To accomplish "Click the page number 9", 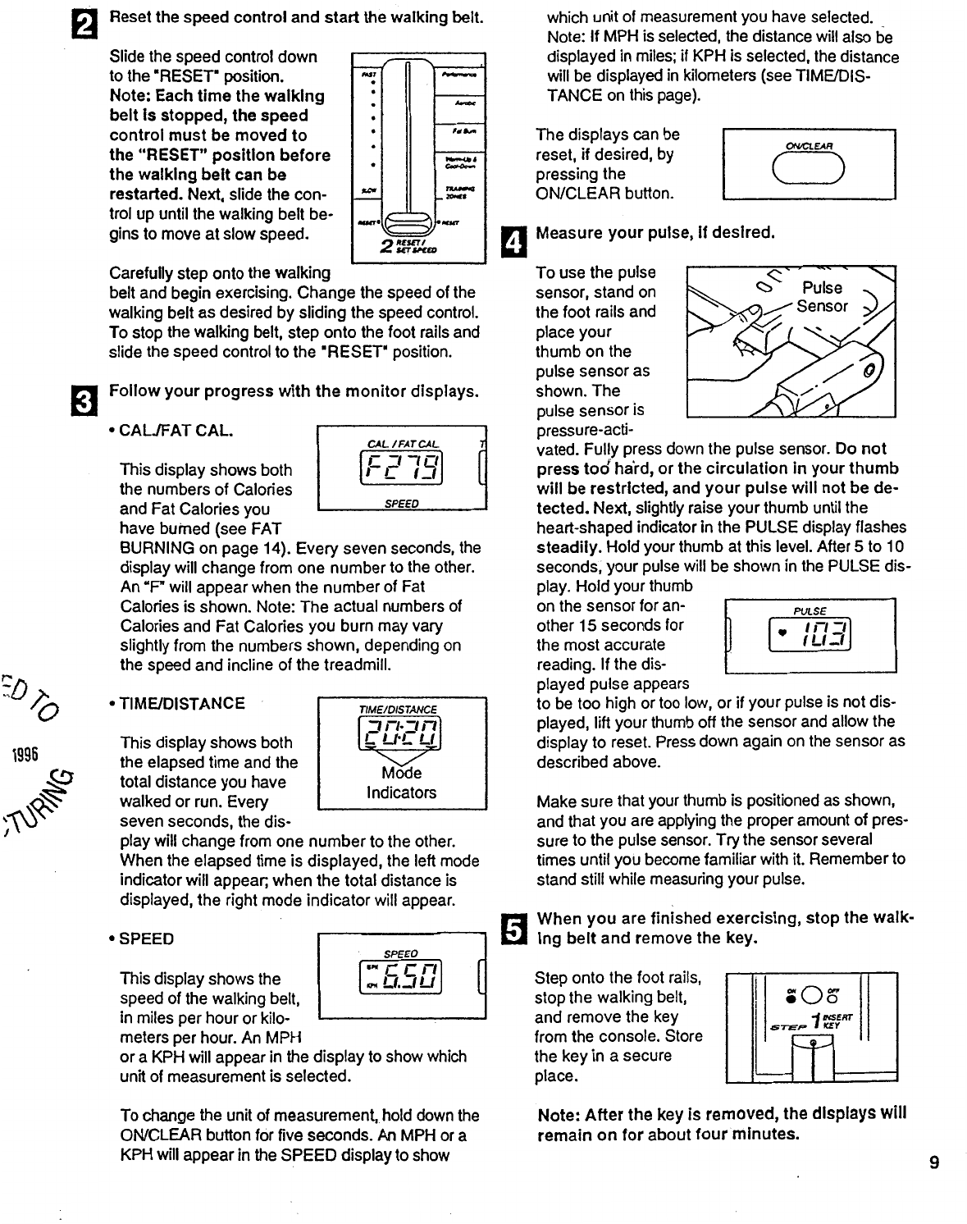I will coord(934,1162).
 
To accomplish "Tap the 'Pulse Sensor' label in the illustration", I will coord(823,297).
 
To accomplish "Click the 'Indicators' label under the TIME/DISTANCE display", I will coord(401,792).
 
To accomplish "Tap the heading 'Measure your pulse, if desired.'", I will coord(655,232).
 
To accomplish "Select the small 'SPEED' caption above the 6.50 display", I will coord(401,953).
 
